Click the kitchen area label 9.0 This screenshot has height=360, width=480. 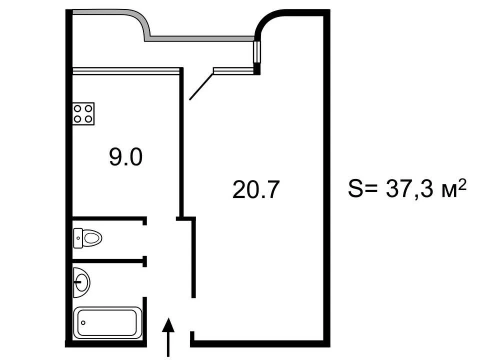click(126, 157)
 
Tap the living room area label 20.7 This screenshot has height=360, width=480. click(256, 190)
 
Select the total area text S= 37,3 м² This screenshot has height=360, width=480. click(407, 188)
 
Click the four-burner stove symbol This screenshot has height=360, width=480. click(83, 113)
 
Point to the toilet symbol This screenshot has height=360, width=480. click(87, 238)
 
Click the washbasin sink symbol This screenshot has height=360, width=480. click(81, 282)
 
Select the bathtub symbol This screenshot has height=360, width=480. click(107, 322)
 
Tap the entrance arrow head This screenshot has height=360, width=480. click(168, 325)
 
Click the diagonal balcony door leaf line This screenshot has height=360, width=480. click(201, 86)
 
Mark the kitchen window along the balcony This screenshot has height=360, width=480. click(125, 71)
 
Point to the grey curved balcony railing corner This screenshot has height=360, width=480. click(143, 21)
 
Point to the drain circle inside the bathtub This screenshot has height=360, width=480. click(83, 322)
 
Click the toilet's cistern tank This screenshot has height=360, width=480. click(78, 238)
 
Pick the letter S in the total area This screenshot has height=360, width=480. click(355, 188)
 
